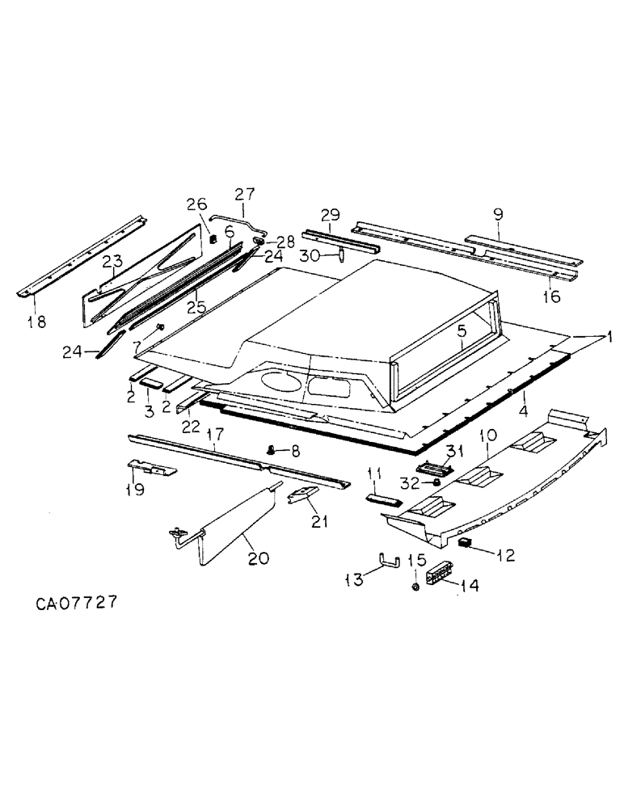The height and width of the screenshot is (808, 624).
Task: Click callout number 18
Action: coord(36,321)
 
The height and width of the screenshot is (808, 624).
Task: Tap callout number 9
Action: coord(498,216)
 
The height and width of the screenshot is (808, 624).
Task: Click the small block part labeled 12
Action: coord(465,543)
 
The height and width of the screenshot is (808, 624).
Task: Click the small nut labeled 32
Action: coord(436,482)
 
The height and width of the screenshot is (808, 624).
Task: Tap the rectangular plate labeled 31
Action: coord(436,466)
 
